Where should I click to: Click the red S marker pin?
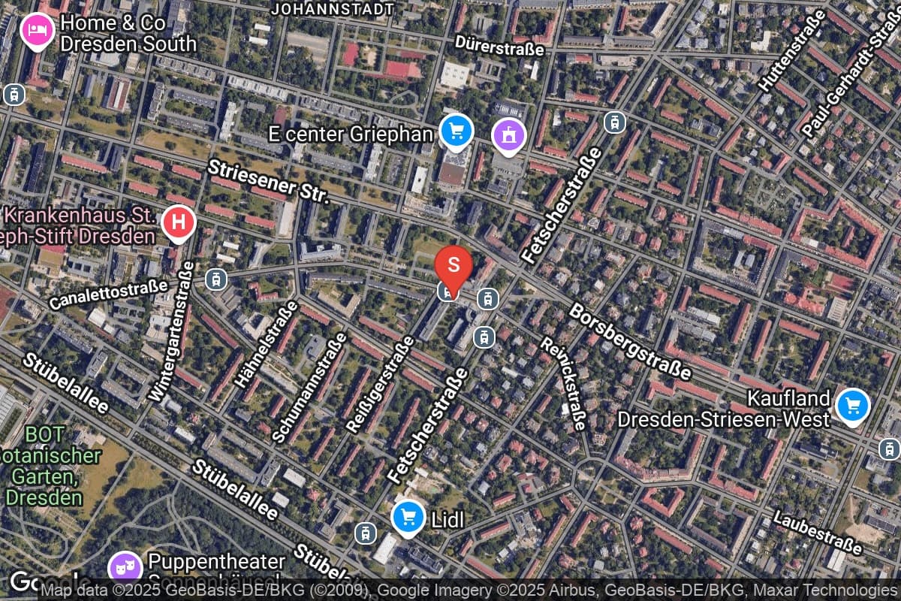point(454,264)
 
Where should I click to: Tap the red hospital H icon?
point(179,223)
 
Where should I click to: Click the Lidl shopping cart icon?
point(408,517)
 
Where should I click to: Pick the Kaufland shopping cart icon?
point(852,406)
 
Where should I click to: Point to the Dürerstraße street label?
point(499,48)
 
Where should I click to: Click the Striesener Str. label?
point(269,181)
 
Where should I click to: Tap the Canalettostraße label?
point(108,294)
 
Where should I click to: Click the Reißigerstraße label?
point(380,384)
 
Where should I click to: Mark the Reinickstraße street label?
point(564,382)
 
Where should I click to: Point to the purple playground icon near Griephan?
point(509,136)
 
